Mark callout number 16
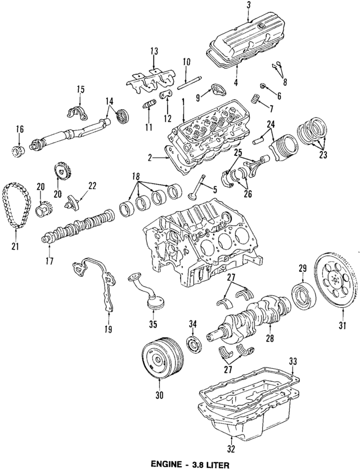pyautogui.click(x=20, y=129)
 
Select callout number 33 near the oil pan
pyautogui.click(x=291, y=360)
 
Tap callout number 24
pyautogui.click(x=271, y=125)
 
